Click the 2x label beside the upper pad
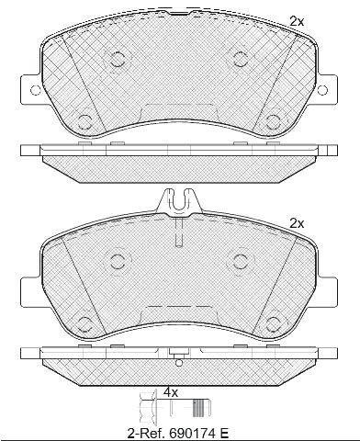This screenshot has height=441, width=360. pos(297,21)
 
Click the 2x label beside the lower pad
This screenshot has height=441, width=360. pos(297,224)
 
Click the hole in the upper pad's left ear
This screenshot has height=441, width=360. pos(36,90)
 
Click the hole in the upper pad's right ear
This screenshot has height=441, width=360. pos(322,90)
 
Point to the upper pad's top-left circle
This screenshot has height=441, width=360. pos(117,59)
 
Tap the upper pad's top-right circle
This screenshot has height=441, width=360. pos(241,59)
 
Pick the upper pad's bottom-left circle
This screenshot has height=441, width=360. pos(84,121)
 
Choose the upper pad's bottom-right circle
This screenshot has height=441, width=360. pos(273,122)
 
